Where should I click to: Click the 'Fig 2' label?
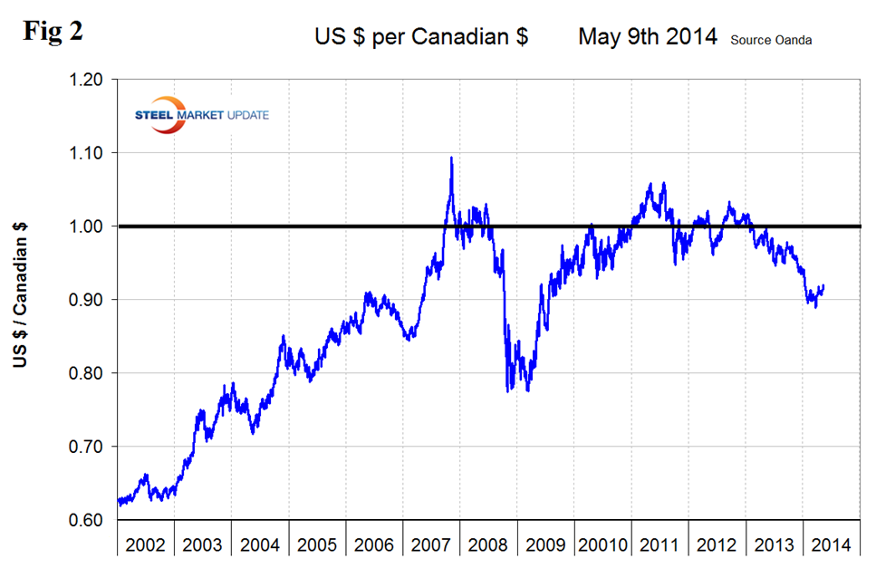coord(53,30)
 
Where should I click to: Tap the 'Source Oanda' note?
coord(770,39)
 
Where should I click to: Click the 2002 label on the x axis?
coord(146,545)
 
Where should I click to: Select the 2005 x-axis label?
coord(317,545)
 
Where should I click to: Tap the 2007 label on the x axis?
coord(431,545)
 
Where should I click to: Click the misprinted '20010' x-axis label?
coord(602,545)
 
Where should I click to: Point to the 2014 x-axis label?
coord(831,545)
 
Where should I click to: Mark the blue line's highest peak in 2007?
coord(451,158)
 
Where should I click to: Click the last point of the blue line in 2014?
coord(823,285)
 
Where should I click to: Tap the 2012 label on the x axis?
coord(717,545)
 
